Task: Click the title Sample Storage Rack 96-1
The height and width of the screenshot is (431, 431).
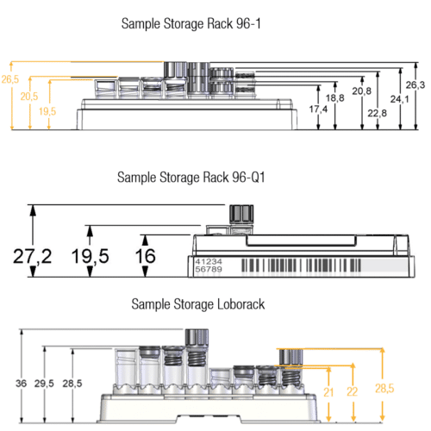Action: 191,23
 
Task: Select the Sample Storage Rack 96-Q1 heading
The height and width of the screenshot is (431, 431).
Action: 191,178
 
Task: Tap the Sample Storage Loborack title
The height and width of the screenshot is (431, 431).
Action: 198,304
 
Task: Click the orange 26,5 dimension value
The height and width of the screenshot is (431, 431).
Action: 10,79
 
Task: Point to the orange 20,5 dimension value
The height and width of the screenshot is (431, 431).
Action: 29,97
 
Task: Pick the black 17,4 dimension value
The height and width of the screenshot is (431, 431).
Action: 318,109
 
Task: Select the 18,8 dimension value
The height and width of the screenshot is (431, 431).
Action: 335,98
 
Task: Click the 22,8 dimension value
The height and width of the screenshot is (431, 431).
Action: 378,113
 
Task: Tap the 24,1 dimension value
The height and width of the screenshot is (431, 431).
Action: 399,99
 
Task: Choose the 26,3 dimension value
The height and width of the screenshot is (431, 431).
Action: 415,84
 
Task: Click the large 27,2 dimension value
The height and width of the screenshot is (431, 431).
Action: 33,256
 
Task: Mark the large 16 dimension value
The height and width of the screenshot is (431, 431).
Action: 146,256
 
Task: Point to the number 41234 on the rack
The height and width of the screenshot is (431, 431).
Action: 209,261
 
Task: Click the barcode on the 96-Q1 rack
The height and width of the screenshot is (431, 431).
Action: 301,265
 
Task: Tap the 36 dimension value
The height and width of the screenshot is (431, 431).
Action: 21,384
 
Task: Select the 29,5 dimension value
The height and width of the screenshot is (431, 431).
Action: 44,384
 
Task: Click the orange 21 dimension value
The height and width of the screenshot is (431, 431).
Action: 328,392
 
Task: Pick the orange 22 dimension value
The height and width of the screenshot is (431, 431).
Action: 353,391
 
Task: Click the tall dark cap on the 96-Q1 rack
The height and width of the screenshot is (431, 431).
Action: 241,214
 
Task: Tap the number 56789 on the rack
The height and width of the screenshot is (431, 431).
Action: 209,269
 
